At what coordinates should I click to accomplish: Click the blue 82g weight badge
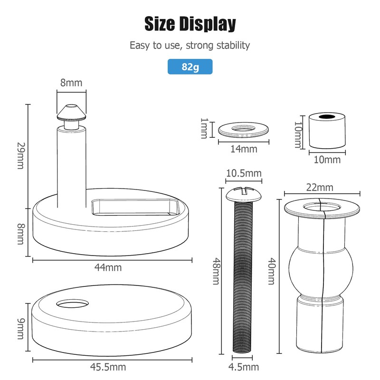point(190,66)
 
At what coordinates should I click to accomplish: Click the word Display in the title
point(208,24)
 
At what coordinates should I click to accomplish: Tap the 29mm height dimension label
point(21,156)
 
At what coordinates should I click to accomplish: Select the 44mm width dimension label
point(108,267)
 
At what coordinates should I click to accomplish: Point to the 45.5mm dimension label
point(108,367)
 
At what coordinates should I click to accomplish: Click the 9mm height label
point(21,329)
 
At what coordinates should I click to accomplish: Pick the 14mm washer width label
point(244,149)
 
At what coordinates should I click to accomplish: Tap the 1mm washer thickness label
point(204,128)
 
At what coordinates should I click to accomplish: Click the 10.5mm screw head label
point(244,173)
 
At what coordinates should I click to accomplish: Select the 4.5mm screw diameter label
point(244,367)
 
